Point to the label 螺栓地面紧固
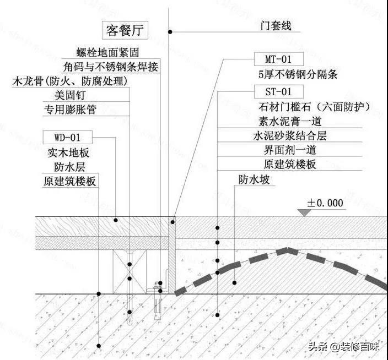click(106, 53)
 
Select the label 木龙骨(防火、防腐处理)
click(70, 81)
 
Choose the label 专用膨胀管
click(70, 109)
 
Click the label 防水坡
click(254, 179)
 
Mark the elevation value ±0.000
click(325, 203)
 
